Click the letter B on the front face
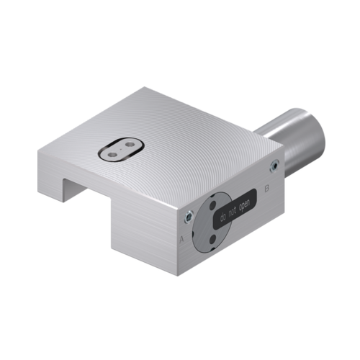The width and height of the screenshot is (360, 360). pyautogui.click(x=268, y=188)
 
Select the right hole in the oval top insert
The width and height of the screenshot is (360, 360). pyautogui.click(x=130, y=142)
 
